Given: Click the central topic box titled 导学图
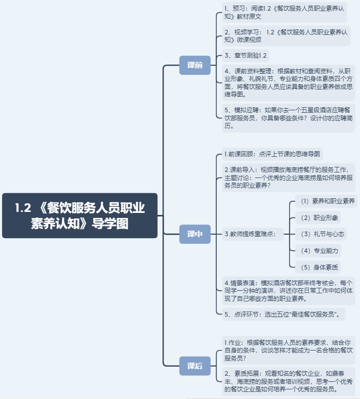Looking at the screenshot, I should coord(79,215).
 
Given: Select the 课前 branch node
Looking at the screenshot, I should coord(195,65).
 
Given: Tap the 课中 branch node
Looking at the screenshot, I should coord(195,234).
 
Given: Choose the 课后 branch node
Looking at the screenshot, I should coord(195,366).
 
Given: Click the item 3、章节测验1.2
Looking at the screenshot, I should coord(246,55).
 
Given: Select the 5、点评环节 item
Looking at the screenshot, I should coord(284,314).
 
